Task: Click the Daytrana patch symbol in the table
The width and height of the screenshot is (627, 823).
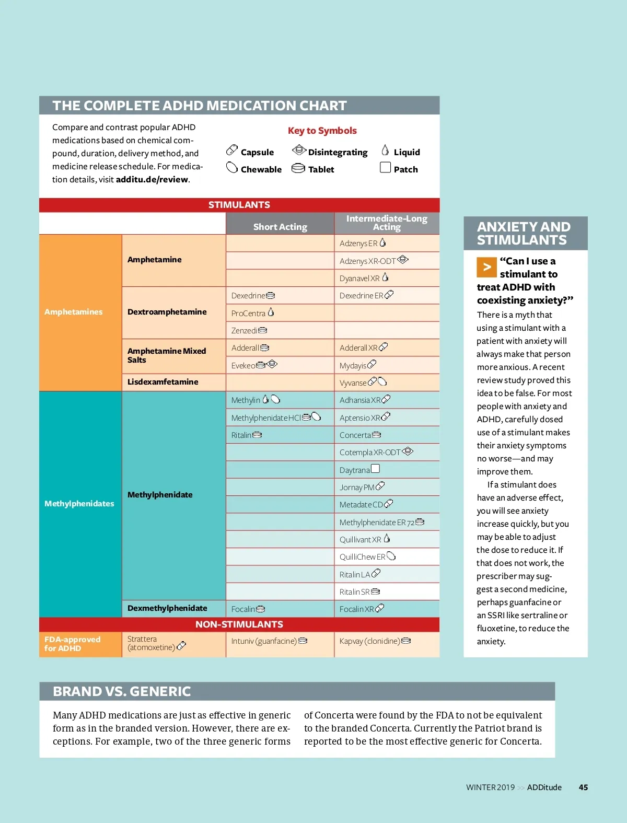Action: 375,469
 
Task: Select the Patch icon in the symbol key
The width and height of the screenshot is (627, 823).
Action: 385,168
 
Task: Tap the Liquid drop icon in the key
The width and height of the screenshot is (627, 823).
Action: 385,150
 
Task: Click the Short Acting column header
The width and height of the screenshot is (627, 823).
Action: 280,227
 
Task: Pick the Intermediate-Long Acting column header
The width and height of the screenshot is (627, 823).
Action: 387,223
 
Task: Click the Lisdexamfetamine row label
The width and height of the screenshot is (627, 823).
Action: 163,382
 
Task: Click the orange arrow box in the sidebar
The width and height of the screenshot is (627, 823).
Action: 486,267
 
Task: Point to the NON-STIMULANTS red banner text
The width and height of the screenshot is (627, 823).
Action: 239,624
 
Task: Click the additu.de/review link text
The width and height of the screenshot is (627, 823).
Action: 152,179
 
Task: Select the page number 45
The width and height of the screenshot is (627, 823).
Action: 583,787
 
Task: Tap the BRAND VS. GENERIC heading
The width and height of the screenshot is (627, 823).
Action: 122,691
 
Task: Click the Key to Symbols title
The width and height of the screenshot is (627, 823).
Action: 322,131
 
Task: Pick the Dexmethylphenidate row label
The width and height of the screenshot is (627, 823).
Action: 167,608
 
